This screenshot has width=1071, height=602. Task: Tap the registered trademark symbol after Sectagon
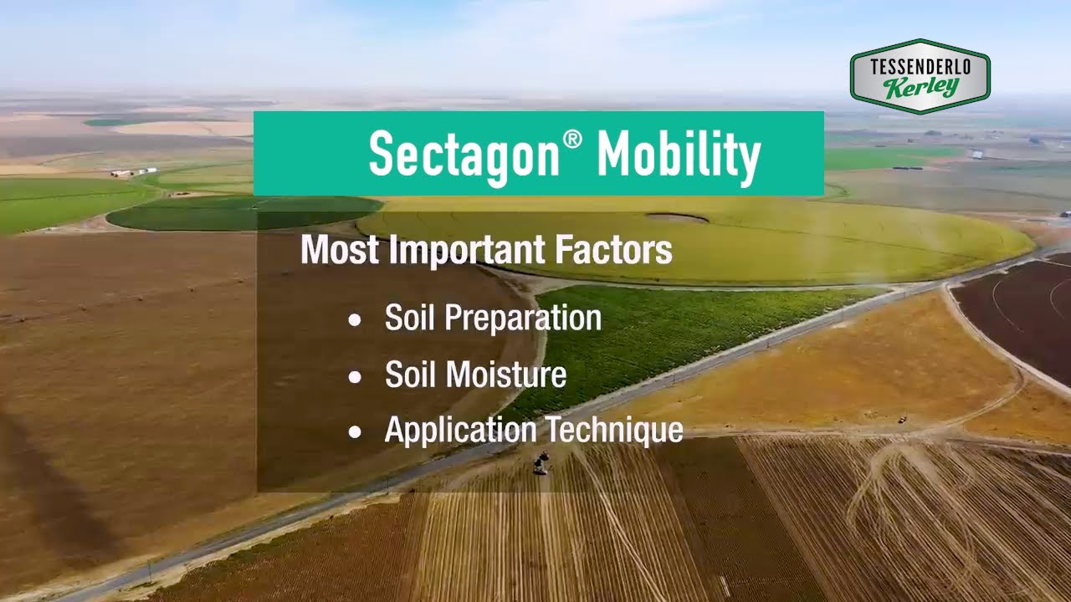click(572, 140)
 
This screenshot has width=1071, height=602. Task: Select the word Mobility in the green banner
click(679, 155)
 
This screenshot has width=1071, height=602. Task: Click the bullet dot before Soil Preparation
click(356, 320)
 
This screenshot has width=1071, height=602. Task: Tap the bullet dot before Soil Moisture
click(356, 377)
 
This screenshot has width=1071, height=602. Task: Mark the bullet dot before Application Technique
click(356, 432)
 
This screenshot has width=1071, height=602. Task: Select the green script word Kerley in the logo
click(920, 87)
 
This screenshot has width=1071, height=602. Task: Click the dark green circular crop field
click(243, 212)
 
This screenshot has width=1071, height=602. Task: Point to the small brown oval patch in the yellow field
click(676, 217)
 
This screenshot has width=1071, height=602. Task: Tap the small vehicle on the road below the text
click(541, 462)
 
